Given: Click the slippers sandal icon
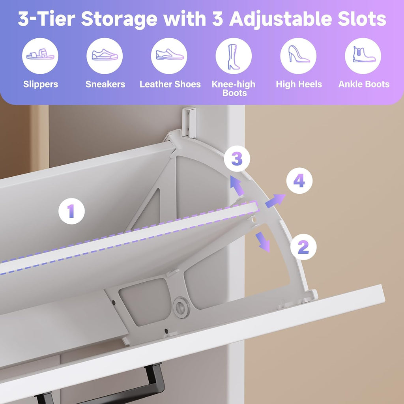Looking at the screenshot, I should [40, 56].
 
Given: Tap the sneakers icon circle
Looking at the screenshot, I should [105, 56].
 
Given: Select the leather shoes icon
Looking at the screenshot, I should [169, 56].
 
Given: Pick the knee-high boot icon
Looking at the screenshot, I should [234, 56].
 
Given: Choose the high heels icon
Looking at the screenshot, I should [298, 56].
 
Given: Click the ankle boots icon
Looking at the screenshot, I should [363, 56].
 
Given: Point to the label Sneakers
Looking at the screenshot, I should [105, 84].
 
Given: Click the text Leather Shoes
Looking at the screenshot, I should [170, 84].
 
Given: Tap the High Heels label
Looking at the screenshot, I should [299, 84].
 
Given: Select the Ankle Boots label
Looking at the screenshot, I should [364, 84].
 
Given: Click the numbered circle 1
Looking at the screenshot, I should [71, 211].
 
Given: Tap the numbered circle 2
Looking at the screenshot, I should [303, 247].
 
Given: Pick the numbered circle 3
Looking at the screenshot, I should [236, 159].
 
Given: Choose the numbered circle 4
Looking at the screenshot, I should [299, 181].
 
